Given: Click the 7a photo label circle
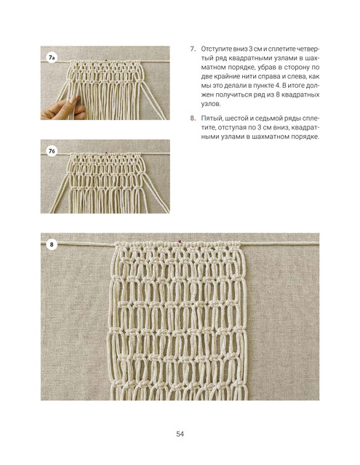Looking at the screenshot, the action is click(52, 57).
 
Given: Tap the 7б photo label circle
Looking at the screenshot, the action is click(52, 151).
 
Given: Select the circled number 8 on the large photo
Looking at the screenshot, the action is click(52, 245).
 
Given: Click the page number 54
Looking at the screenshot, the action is click(180, 434).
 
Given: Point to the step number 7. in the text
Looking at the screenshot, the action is click(193, 49).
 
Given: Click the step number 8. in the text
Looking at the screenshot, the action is click(193, 118).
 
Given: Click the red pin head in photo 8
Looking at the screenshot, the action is click(179, 241).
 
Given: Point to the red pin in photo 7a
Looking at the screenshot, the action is click(106, 60).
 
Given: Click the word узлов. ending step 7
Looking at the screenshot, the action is click(211, 104).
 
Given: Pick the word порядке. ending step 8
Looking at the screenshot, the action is click(305, 137).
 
